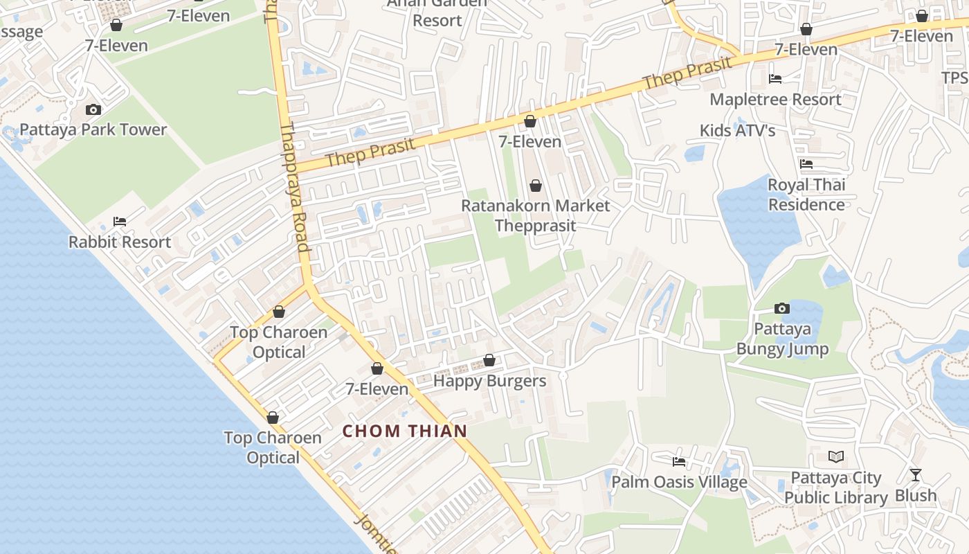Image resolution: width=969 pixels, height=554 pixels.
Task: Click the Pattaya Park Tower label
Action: (93, 129)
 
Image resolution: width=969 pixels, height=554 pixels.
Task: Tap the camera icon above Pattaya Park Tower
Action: (93, 109)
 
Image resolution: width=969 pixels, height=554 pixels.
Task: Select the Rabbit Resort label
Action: (120, 242)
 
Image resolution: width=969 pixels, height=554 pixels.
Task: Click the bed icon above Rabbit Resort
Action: (120, 222)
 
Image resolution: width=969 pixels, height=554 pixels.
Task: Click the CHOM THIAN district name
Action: (405, 431)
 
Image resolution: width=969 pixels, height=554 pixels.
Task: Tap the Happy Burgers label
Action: (489, 381)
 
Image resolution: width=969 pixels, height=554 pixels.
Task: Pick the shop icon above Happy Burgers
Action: (489, 360)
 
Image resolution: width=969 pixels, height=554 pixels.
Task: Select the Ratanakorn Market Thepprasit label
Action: (536, 215)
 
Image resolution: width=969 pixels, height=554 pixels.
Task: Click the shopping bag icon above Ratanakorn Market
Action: (535, 186)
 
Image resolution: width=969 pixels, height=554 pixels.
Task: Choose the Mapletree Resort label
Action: (775, 99)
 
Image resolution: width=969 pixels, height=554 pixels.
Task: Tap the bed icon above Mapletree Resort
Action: (775, 79)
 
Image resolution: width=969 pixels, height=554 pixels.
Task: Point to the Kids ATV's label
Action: (737, 130)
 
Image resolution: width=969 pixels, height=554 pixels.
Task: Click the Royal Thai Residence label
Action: (806, 195)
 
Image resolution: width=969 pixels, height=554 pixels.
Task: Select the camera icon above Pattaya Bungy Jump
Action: (782, 308)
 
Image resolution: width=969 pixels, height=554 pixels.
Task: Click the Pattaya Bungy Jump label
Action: (782, 339)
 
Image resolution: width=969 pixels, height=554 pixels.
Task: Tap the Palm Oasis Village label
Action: (679, 482)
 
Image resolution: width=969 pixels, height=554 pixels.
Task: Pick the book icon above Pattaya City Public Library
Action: (836, 457)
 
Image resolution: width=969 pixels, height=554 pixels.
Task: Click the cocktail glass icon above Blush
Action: (916, 475)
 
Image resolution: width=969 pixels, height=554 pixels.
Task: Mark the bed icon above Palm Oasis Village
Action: (679, 462)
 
